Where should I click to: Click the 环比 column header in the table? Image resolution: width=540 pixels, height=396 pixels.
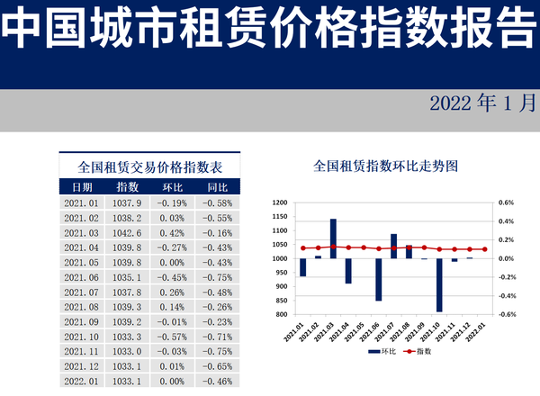(171, 187)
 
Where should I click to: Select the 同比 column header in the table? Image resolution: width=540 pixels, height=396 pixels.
(217, 187)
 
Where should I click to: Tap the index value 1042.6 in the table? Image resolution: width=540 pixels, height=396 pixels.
(128, 232)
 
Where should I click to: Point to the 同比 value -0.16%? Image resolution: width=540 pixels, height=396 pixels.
(217, 232)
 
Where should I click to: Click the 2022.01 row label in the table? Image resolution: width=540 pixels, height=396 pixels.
(82, 382)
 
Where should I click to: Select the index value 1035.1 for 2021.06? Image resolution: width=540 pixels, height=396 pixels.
(128, 277)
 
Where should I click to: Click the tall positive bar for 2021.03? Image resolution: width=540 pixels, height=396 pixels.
(333, 238)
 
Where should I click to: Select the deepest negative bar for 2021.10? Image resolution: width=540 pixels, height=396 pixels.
(439, 285)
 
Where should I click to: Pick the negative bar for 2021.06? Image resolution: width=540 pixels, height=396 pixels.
(379, 280)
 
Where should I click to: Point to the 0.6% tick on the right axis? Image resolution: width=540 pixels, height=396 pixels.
(506, 202)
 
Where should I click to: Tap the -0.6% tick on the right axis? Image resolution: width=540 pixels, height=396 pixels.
(506, 314)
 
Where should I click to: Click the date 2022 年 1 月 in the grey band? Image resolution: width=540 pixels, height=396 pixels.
(481, 103)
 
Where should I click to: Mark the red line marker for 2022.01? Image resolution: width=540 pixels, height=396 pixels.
(485, 249)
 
